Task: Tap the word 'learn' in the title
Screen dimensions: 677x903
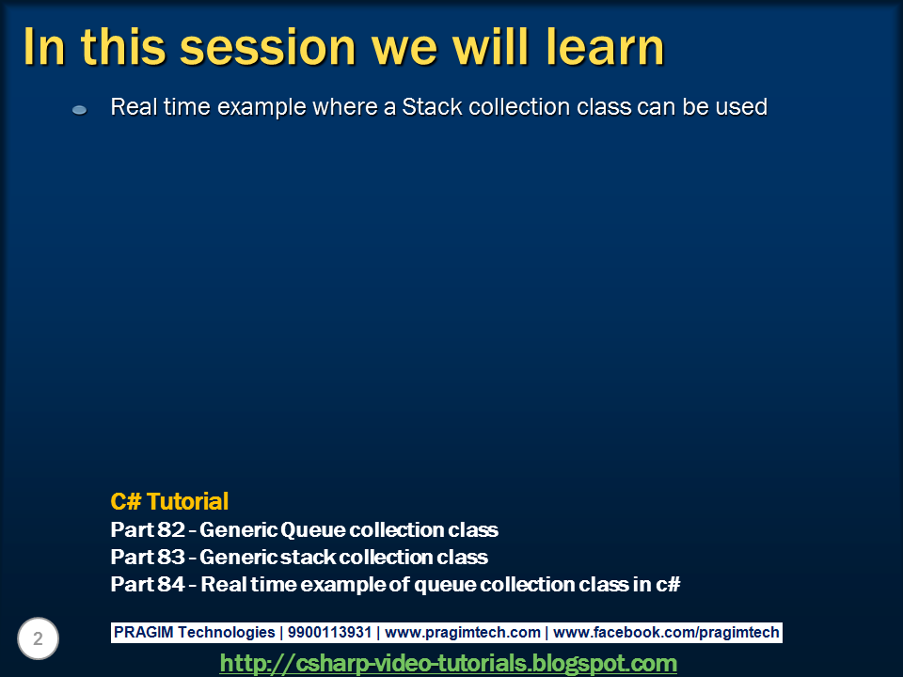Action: [598, 47]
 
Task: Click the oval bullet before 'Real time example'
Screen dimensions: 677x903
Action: [80, 110]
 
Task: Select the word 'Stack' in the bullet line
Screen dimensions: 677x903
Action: [430, 107]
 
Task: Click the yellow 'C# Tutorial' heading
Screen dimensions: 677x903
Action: [169, 501]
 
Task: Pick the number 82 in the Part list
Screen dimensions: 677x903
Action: [171, 529]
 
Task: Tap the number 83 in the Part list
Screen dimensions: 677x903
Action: [171, 557]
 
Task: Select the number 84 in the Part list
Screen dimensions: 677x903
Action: [171, 584]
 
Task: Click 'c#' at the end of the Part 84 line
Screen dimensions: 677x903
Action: [668, 584]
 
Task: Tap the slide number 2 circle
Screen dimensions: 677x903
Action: [38, 639]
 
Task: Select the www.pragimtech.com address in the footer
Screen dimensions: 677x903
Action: [463, 633]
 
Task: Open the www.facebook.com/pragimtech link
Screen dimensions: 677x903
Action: [666, 633]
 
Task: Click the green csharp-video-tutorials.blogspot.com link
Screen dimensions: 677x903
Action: [449, 664]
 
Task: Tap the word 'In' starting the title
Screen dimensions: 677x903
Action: [44, 47]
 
